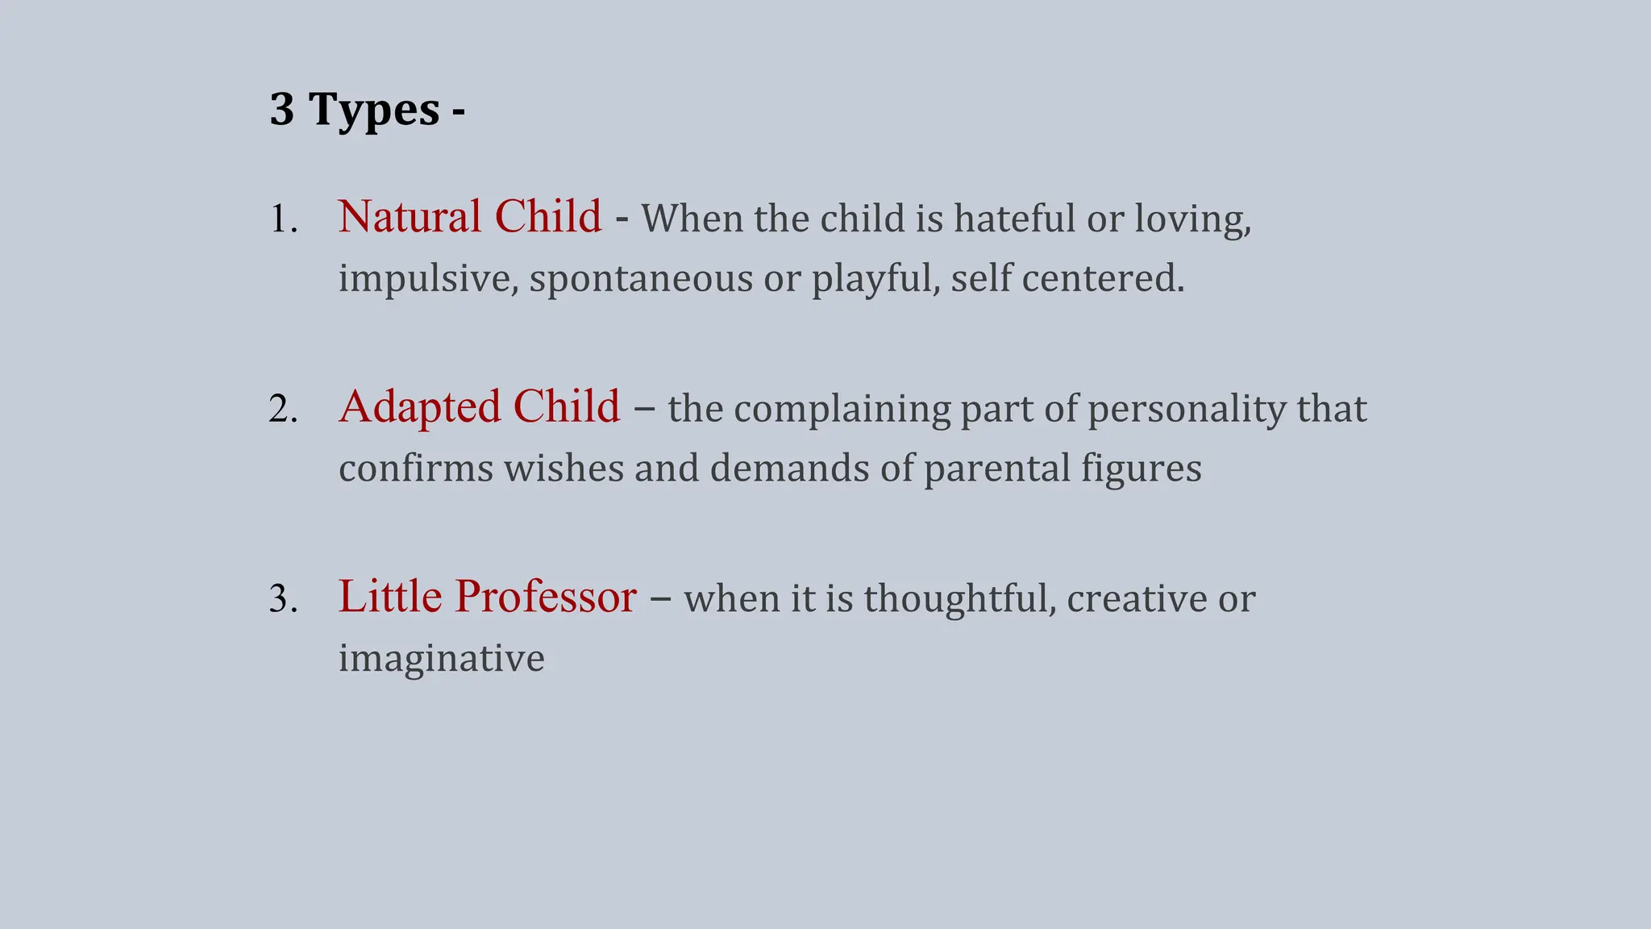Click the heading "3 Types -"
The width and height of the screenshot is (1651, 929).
click(x=367, y=110)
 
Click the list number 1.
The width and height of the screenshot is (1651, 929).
click(x=283, y=219)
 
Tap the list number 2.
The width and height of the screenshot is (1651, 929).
click(x=283, y=410)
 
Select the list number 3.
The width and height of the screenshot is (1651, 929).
click(x=283, y=599)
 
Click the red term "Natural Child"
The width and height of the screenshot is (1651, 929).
click(x=469, y=217)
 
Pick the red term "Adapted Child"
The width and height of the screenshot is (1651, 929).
click(x=479, y=406)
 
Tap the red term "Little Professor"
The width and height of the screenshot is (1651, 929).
click(x=487, y=597)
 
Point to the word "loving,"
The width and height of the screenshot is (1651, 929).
click(x=1192, y=219)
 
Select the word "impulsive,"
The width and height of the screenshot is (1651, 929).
click(x=428, y=279)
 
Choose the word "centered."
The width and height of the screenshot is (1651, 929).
click(x=1103, y=279)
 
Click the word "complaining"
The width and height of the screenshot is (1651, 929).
click(x=842, y=409)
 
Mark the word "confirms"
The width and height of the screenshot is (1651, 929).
click(x=416, y=469)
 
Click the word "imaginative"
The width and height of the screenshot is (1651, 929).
click(x=441, y=659)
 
